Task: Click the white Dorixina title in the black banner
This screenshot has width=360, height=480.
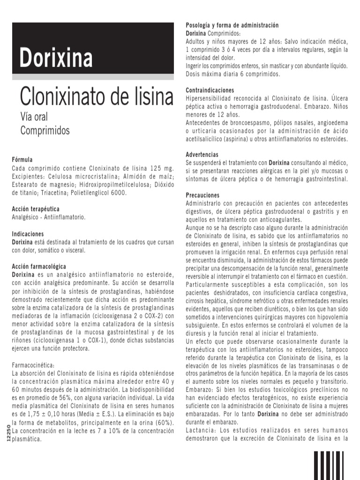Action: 56,58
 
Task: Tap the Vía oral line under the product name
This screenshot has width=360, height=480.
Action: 34,117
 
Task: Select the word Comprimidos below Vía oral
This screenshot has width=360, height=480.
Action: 45,130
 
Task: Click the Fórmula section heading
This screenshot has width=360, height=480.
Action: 22,159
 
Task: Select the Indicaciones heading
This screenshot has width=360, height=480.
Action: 28,233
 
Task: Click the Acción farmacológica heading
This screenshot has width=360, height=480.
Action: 39,266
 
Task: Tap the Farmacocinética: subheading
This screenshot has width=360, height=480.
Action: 33,365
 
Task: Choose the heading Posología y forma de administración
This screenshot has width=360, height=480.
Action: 232,25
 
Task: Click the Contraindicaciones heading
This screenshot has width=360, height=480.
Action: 210,90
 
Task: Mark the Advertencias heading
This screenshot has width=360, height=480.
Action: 202,154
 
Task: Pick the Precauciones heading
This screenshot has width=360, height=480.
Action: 203,195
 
